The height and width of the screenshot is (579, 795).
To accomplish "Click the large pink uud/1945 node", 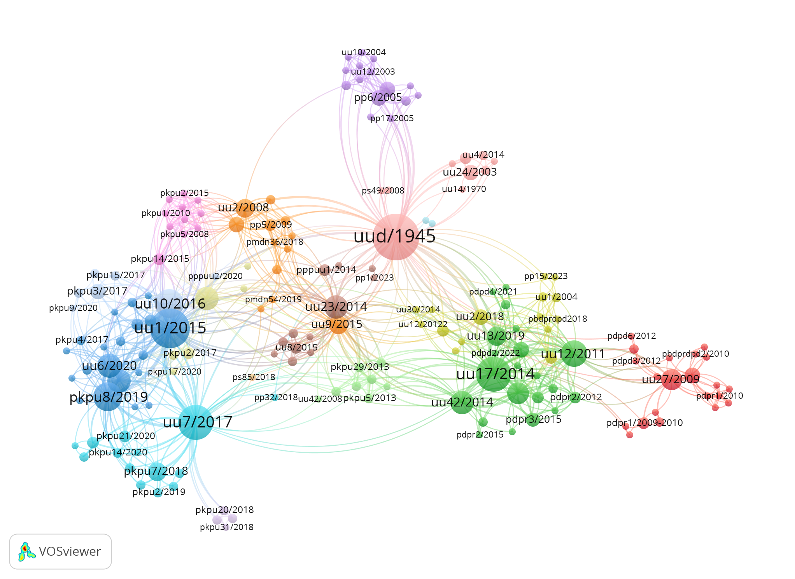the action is [x=396, y=237].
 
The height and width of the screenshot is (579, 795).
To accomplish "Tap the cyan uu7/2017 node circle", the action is [x=196, y=422].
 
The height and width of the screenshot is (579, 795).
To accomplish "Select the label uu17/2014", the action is [x=495, y=374].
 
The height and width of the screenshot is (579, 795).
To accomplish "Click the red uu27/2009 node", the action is [x=672, y=379].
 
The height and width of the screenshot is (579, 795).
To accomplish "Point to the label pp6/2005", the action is [x=378, y=97].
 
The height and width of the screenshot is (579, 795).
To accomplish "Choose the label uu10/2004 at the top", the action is [x=363, y=52].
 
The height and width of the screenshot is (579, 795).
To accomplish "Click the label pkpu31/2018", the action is [x=226, y=527].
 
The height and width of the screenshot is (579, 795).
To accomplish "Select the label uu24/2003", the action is [x=470, y=172].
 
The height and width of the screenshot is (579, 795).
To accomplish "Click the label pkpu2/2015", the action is [x=184, y=193].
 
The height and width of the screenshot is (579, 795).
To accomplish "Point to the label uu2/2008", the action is [x=243, y=208].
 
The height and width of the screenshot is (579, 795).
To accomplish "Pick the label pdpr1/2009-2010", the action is [x=644, y=422].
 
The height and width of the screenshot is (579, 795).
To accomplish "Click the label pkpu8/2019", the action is [x=109, y=397].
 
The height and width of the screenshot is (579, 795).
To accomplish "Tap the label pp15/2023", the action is [x=546, y=276].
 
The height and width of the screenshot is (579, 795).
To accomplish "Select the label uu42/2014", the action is [x=462, y=402].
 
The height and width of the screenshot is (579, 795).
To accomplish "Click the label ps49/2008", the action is [x=383, y=190].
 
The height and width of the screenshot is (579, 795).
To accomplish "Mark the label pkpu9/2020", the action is [x=73, y=308].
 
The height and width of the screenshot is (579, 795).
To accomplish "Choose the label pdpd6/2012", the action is [x=632, y=336].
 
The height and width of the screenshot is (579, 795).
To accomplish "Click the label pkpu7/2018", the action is [x=156, y=471].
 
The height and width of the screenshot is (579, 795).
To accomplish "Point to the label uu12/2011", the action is [x=573, y=354].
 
